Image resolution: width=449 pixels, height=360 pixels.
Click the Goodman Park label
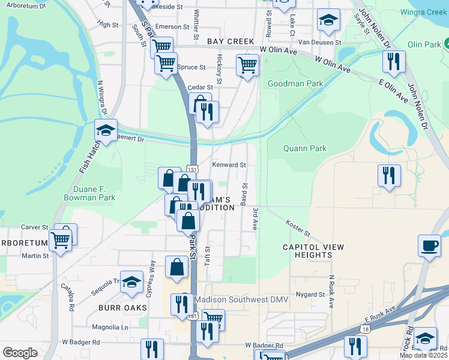[295, 83]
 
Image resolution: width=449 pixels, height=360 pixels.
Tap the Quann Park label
[305, 148]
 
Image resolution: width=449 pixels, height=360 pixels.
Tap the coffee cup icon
[429, 246]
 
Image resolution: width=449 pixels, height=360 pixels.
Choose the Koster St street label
[298, 227]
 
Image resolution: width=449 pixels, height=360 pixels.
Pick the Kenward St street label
[229, 164]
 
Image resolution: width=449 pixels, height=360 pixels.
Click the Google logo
[20, 353]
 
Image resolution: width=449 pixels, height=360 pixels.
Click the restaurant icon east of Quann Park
[389, 175]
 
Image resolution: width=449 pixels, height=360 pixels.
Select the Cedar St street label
[200, 87]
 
